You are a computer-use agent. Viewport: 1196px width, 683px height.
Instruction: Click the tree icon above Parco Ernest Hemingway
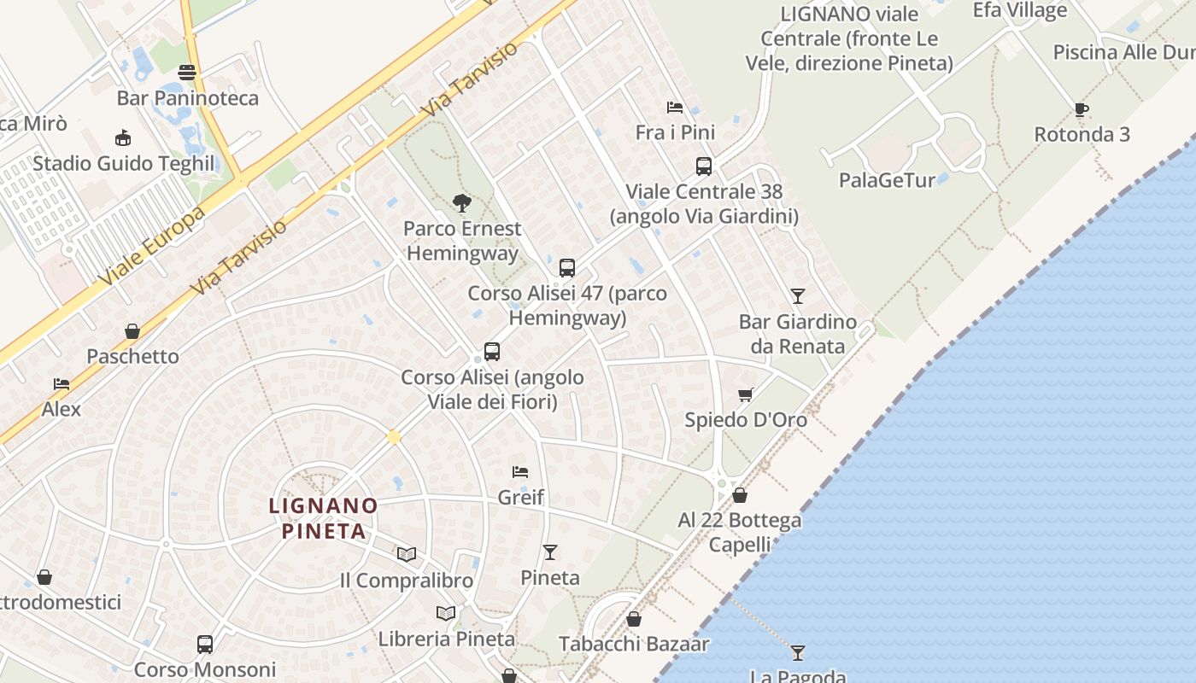tap(462, 202)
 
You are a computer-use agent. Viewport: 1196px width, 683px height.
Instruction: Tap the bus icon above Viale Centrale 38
tap(703, 166)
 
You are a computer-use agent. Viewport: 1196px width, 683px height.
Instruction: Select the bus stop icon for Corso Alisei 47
tap(566, 267)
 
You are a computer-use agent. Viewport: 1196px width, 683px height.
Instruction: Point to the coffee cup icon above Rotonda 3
tap(1081, 109)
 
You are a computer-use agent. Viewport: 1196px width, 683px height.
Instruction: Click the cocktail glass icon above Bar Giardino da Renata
tap(797, 296)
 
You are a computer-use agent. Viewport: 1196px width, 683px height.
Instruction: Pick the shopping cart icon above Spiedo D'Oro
tap(745, 394)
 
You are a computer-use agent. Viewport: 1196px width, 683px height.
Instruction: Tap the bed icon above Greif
tap(519, 471)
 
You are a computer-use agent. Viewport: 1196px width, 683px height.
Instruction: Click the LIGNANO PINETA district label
tap(323, 518)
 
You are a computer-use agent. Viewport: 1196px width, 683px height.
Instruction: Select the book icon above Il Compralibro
tap(406, 555)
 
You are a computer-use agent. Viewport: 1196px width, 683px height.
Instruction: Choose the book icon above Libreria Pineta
tap(445, 613)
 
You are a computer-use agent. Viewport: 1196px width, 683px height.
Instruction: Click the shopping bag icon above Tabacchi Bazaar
tap(633, 619)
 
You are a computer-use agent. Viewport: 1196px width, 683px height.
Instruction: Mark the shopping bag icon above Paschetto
tap(132, 331)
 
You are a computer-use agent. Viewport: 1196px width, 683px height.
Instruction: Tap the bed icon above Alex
tap(61, 383)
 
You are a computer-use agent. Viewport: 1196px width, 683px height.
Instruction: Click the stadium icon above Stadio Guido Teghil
tap(123, 138)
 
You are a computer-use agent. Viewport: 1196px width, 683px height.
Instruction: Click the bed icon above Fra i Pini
tap(674, 108)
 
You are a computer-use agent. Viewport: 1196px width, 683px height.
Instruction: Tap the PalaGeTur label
tap(887, 180)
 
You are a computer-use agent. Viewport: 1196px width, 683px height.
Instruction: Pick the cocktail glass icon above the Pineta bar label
tap(549, 552)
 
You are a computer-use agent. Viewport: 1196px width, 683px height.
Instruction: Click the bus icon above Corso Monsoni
tap(204, 645)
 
